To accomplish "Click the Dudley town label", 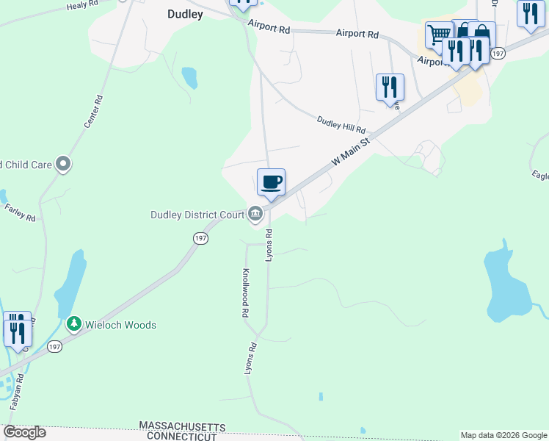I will [x=185, y=13].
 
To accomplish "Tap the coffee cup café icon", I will [x=271, y=181].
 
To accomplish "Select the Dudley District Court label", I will [x=196, y=215].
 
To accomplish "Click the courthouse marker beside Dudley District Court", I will [x=255, y=214].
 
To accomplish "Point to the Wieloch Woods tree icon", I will [x=73, y=323].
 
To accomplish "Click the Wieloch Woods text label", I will [x=120, y=324].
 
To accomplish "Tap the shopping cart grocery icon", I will [x=439, y=34].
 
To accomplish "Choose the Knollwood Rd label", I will [x=245, y=292].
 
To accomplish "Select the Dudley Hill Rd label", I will [x=341, y=123].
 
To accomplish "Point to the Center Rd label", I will [x=92, y=112].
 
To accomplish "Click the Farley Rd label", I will [x=20, y=213].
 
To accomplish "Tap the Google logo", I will [x=24, y=432].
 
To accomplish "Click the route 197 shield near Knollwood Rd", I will [x=200, y=238].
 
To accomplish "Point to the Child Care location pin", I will [x=63, y=163].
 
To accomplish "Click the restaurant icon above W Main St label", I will [x=389, y=87].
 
